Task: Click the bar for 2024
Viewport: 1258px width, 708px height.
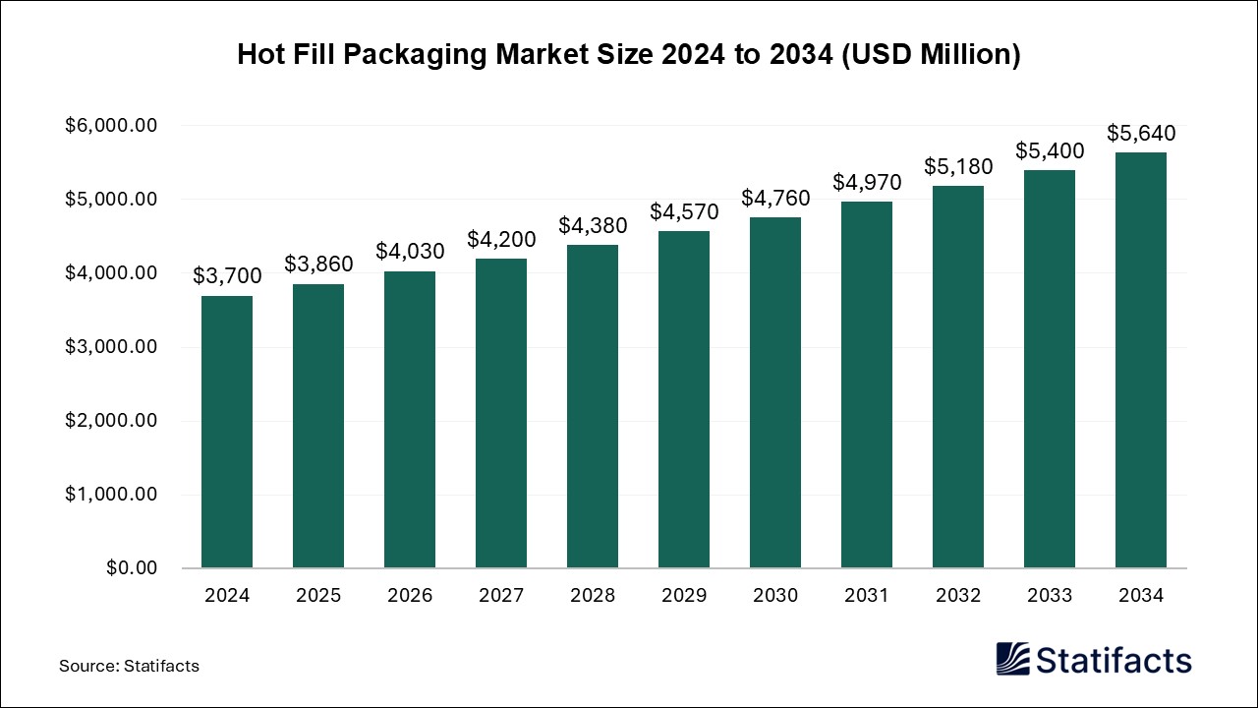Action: (227, 432)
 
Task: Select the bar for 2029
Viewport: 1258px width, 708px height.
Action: (684, 399)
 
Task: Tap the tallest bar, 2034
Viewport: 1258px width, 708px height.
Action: (1141, 360)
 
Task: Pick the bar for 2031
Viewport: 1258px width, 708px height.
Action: (867, 384)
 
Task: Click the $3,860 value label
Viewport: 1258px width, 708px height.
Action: (318, 264)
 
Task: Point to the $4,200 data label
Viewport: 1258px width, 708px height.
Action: (501, 238)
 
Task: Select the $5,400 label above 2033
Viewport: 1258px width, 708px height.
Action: (1050, 150)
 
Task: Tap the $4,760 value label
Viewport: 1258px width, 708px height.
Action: (775, 198)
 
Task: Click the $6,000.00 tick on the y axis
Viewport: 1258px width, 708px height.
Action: (111, 126)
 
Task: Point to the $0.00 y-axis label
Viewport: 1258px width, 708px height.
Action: (132, 568)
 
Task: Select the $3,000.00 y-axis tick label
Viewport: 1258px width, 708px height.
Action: (111, 347)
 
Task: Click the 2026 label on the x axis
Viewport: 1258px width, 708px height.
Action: (410, 596)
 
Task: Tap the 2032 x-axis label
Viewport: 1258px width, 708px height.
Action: (958, 596)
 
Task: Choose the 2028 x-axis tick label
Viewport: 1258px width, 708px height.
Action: (593, 596)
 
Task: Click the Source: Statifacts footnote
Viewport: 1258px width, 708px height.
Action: (129, 666)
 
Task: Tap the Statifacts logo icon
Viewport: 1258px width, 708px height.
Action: (1013, 659)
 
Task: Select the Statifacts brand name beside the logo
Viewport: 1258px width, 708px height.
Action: (1115, 659)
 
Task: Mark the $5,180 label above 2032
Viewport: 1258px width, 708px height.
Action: (958, 166)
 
